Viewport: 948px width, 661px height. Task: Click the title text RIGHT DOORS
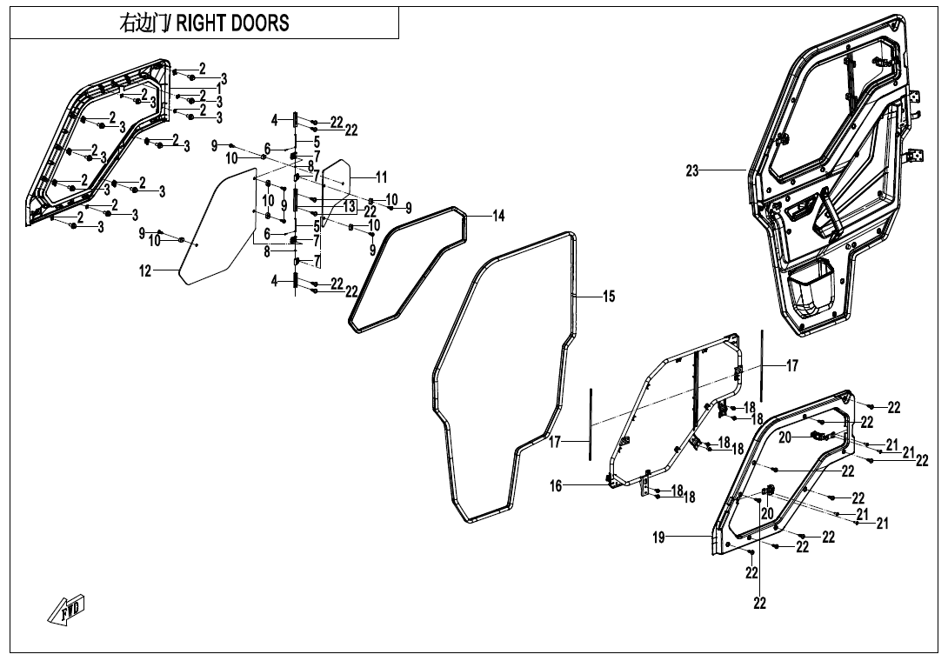pos(233,23)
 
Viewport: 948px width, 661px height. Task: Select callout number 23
pos(692,171)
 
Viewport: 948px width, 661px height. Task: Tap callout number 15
pos(609,297)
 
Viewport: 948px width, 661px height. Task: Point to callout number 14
pos(498,217)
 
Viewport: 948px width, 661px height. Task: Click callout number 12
pos(145,271)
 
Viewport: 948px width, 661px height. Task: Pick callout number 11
pos(381,177)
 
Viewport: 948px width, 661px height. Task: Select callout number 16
pos(556,486)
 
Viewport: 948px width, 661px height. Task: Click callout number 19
pos(659,538)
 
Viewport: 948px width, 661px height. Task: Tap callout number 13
pos(349,206)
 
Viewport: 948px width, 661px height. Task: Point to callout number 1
pos(219,89)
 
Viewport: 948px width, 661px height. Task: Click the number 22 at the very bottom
pos(759,603)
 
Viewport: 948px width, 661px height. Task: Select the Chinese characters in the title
pos(145,23)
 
